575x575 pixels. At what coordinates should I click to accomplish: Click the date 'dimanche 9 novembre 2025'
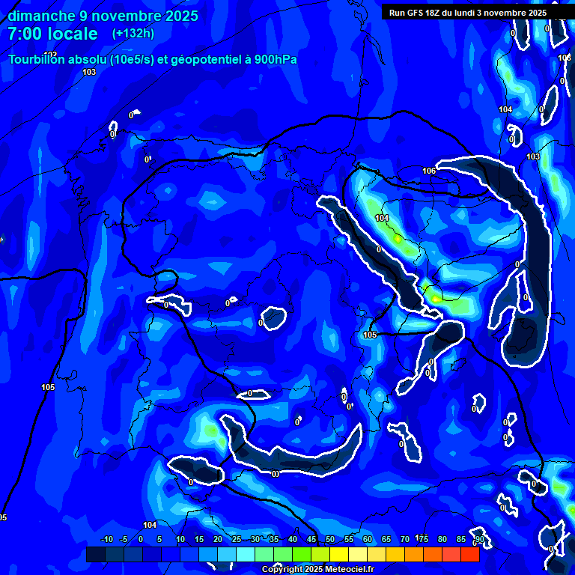click(x=103, y=16)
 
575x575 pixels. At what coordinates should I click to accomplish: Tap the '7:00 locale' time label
click(x=53, y=34)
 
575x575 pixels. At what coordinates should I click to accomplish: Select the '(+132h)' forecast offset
click(x=133, y=34)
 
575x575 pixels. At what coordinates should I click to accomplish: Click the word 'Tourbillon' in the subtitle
click(x=42, y=59)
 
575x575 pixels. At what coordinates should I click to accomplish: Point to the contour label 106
click(x=429, y=171)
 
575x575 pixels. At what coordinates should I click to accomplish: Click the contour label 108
click(x=565, y=58)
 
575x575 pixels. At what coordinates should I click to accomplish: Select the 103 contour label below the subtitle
click(x=89, y=72)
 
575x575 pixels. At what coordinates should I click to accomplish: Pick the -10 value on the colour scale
click(x=106, y=540)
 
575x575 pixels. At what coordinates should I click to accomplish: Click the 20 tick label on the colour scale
click(x=218, y=540)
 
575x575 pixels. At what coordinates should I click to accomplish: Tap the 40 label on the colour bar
click(x=293, y=540)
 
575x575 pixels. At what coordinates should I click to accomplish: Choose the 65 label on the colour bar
click(x=386, y=540)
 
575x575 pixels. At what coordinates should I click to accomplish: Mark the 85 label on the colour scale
click(x=461, y=540)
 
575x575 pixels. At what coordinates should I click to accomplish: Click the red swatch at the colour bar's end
click(x=469, y=554)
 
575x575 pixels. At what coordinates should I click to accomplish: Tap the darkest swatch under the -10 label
click(x=95, y=554)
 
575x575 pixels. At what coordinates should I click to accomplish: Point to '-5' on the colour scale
click(x=124, y=540)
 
